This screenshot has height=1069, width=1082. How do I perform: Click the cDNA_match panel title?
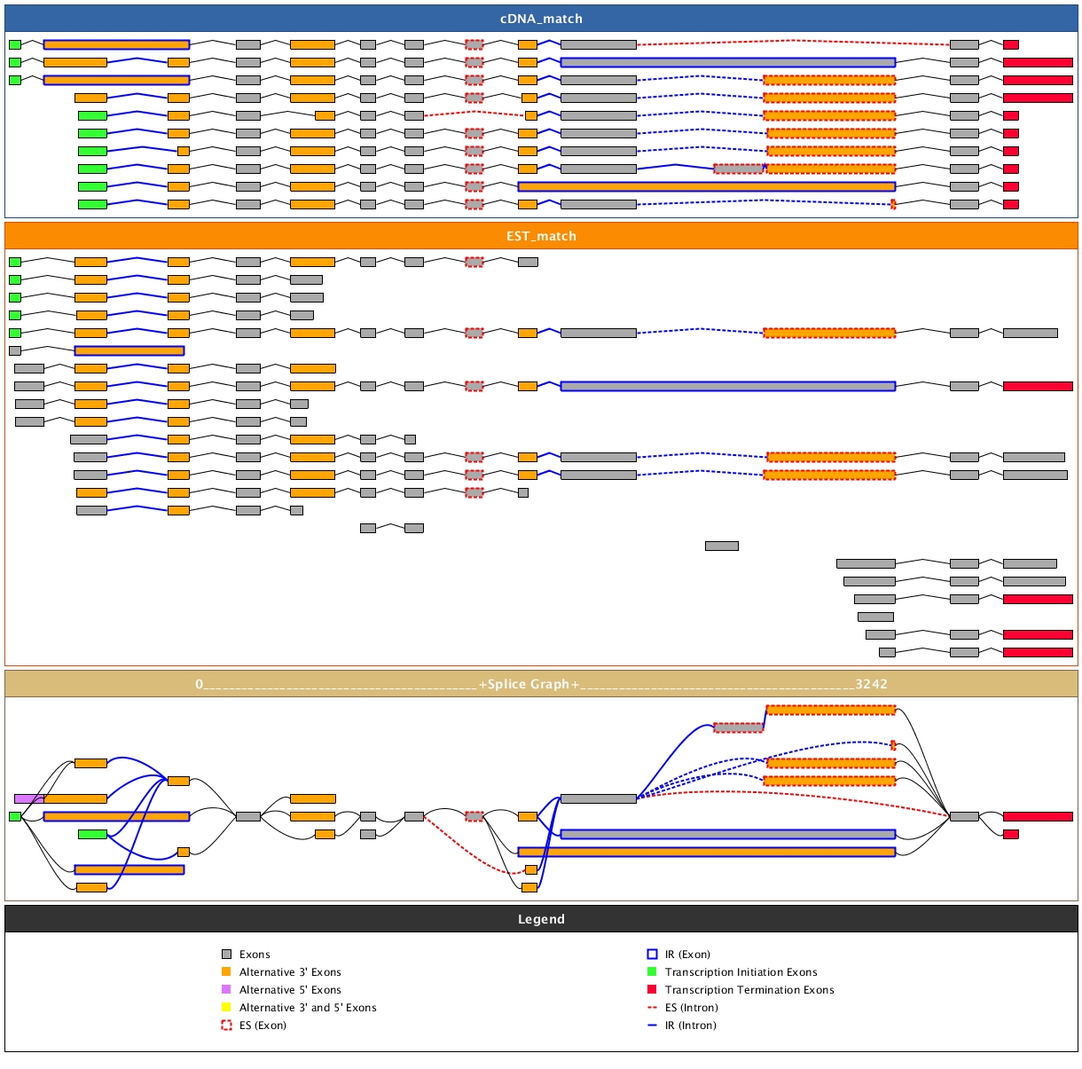click(541, 19)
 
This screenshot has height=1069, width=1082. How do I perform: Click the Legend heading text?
click(541, 919)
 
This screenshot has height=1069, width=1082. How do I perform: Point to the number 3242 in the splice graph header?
click(871, 684)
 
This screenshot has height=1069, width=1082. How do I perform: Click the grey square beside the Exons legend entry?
click(226, 955)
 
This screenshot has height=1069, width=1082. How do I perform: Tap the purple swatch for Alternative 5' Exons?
click(226, 990)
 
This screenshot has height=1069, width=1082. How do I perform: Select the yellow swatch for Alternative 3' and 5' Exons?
click(226, 1008)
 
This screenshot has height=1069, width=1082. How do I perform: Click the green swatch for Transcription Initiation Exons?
click(652, 972)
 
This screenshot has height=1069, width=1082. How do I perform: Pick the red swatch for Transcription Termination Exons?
click(652, 990)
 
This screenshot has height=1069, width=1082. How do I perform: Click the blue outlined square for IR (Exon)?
click(652, 955)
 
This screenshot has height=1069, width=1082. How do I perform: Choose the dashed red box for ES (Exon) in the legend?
click(226, 1026)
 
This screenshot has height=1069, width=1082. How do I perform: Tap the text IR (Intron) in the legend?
click(691, 1026)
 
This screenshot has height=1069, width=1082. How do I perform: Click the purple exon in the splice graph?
click(27, 798)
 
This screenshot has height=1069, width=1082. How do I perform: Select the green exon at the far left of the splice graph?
click(15, 816)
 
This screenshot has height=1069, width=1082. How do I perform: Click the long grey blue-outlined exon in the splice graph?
click(727, 834)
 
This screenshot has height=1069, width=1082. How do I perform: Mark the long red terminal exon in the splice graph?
click(1038, 816)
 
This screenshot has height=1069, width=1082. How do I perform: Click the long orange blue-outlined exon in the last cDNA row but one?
click(706, 186)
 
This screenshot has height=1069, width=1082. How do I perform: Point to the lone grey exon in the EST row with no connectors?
click(721, 546)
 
